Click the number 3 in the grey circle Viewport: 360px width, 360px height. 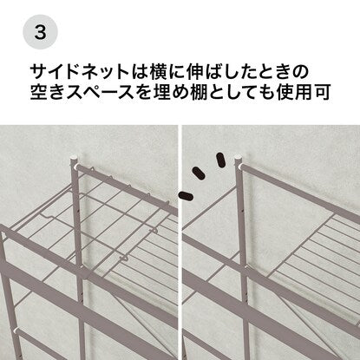(x=40, y=32)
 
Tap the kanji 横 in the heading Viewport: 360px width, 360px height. (x=158, y=72)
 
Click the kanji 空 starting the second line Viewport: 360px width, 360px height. (x=39, y=92)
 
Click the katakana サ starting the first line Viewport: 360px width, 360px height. (x=39, y=72)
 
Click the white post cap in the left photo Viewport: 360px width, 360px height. (x=75, y=160)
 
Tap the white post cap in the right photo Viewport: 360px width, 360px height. (x=239, y=160)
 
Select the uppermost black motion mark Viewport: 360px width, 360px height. (x=220, y=160)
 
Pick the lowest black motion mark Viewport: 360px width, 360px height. (x=186, y=196)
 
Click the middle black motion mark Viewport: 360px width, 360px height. (x=199, y=173)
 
